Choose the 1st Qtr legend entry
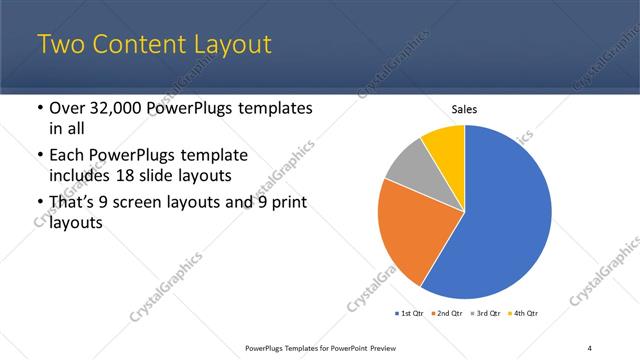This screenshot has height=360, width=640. (410, 314)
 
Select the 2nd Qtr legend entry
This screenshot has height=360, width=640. (448, 314)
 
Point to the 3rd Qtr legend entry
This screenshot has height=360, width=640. (486, 314)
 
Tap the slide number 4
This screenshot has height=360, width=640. (590, 347)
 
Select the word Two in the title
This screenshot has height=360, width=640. (62, 45)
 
